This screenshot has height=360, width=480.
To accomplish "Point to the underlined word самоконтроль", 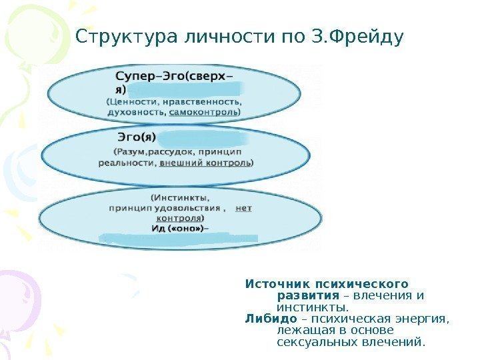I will pyautogui.click(x=203, y=113).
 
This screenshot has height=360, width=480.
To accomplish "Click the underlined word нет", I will pyautogui.click(x=244, y=208).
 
